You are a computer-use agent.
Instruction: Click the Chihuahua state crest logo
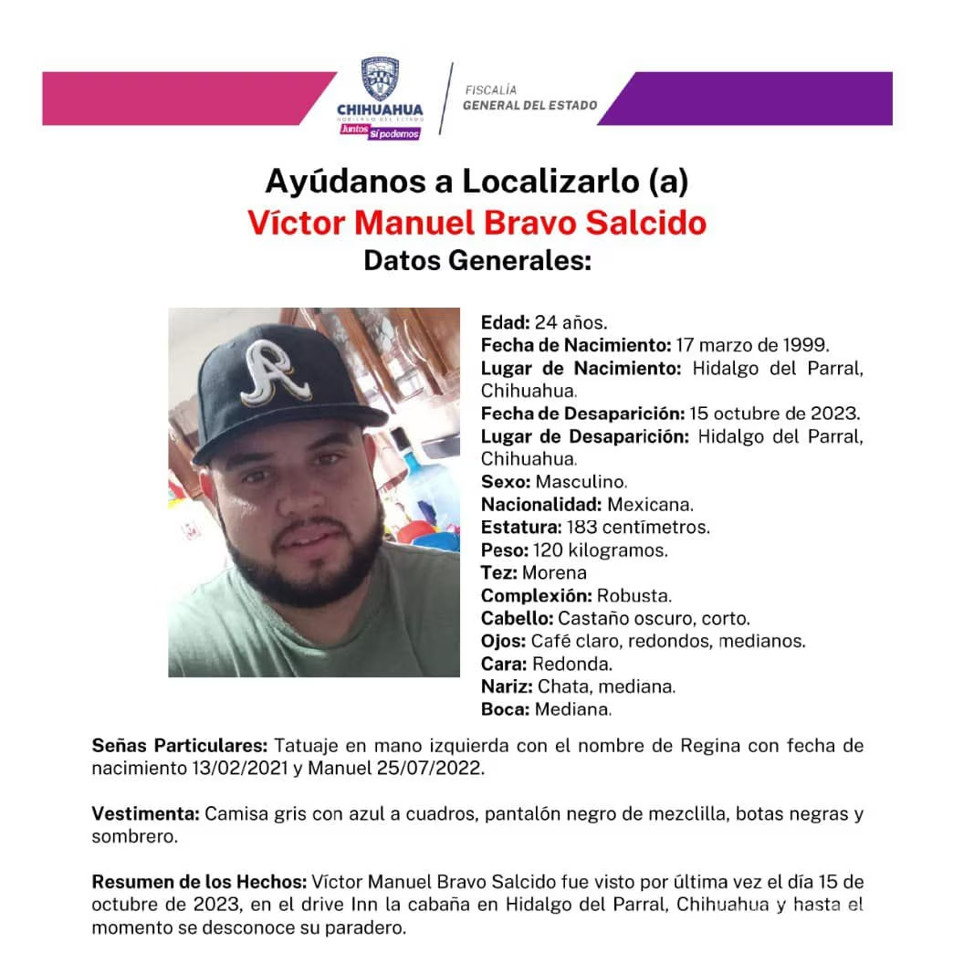[380, 80]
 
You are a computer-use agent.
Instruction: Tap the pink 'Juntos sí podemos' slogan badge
[380, 131]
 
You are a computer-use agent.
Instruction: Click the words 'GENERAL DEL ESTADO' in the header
[529, 105]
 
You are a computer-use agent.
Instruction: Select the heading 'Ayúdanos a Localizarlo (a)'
[476, 181]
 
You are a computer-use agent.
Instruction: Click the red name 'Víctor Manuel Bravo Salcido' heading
[476, 223]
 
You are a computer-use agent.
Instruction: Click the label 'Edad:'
[505, 323]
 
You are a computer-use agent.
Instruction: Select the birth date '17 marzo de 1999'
[751, 346]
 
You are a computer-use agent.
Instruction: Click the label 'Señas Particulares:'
[180, 746]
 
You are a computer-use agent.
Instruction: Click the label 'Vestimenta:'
[145, 813]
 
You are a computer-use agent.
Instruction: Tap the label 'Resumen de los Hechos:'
[199, 882]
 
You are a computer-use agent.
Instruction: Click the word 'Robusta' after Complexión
[634, 596]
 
